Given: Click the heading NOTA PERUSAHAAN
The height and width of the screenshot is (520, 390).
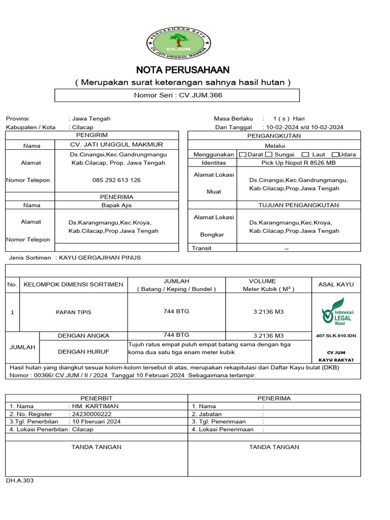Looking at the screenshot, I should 182,70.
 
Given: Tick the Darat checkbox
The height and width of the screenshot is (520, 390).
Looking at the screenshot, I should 242,154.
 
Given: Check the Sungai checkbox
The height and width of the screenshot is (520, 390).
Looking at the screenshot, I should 269,154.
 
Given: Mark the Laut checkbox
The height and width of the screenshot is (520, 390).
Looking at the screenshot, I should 305,154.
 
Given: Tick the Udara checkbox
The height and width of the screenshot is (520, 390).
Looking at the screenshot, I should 335,154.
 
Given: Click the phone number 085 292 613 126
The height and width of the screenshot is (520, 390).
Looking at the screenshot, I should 117,180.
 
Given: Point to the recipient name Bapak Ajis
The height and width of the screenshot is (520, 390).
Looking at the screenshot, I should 117,205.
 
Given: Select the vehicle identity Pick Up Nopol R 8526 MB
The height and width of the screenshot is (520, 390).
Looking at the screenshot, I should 298,163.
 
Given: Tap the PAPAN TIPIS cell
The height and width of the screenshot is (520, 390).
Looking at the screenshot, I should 74,312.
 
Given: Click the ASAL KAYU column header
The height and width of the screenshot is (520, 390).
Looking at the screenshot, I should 336,284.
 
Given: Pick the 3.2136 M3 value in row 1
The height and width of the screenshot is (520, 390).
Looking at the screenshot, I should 268,311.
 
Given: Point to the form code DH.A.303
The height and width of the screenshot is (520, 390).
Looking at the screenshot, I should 20,480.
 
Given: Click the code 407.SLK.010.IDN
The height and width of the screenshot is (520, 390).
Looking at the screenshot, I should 336,336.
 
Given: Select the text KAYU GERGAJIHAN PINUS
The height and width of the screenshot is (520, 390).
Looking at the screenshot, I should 100,257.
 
